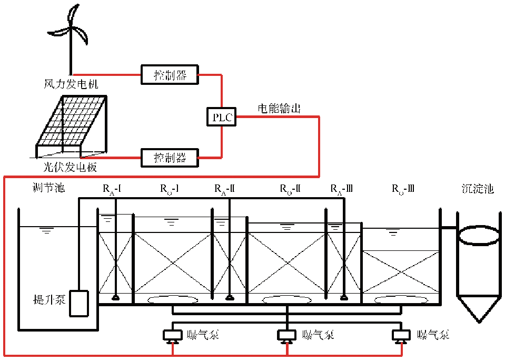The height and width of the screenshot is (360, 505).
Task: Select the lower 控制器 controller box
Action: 170,157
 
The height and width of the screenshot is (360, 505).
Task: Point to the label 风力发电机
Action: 71,84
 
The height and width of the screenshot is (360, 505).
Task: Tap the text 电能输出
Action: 279,109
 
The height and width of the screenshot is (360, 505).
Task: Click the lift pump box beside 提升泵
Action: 79,304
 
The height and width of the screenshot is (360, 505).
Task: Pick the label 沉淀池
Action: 476,189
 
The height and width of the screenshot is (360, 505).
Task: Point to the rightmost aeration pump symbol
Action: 401,335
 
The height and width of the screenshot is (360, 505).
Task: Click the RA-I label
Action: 112,188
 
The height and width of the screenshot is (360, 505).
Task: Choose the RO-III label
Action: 403,188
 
